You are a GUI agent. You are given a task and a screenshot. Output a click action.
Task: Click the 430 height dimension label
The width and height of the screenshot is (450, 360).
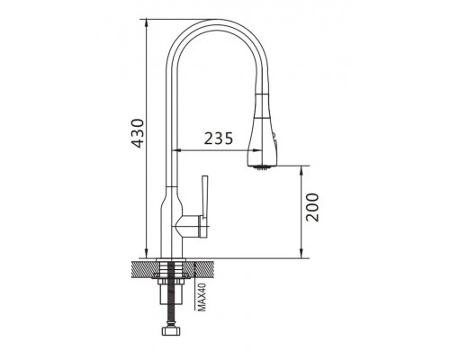click(x=139, y=133)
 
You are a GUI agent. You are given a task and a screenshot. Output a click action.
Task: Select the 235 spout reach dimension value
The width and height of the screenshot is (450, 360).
click(x=219, y=139)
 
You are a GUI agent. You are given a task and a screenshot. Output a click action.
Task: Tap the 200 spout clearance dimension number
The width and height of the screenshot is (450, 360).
click(x=312, y=207)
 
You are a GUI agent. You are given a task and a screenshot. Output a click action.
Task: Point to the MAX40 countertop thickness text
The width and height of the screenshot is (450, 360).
click(x=202, y=297)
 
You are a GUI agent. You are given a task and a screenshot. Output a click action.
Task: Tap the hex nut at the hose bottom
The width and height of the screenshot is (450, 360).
click(x=172, y=330)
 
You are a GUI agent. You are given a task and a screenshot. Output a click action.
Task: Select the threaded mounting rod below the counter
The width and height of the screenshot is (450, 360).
click(x=172, y=294)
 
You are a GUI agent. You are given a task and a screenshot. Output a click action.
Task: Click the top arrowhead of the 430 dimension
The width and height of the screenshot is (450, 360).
click(x=146, y=23)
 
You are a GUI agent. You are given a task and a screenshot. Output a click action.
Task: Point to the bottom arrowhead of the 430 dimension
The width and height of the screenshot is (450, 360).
click(x=146, y=254)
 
